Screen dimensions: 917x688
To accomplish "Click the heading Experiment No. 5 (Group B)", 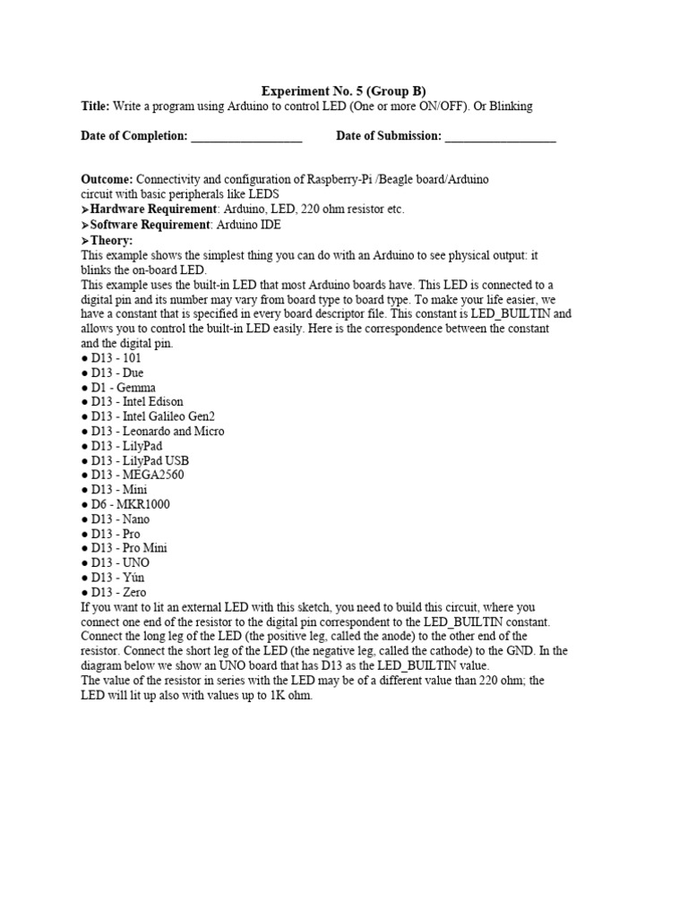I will coord(343,90).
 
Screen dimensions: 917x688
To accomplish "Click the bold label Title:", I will coord(95,106).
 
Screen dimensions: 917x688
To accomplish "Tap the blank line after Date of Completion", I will coord(246,137).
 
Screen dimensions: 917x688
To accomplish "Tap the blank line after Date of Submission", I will coord(500,137).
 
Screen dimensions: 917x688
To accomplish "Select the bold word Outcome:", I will coord(107,179).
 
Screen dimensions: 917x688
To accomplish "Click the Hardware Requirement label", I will coord(150,209).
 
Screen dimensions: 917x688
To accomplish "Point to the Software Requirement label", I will coord(148,224).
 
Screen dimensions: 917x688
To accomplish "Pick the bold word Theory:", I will coord(110,240).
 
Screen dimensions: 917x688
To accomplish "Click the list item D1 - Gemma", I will coord(123,387).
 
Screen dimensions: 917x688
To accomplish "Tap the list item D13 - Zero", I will coord(118,592).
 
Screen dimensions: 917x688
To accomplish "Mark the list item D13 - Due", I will coord(116,373).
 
